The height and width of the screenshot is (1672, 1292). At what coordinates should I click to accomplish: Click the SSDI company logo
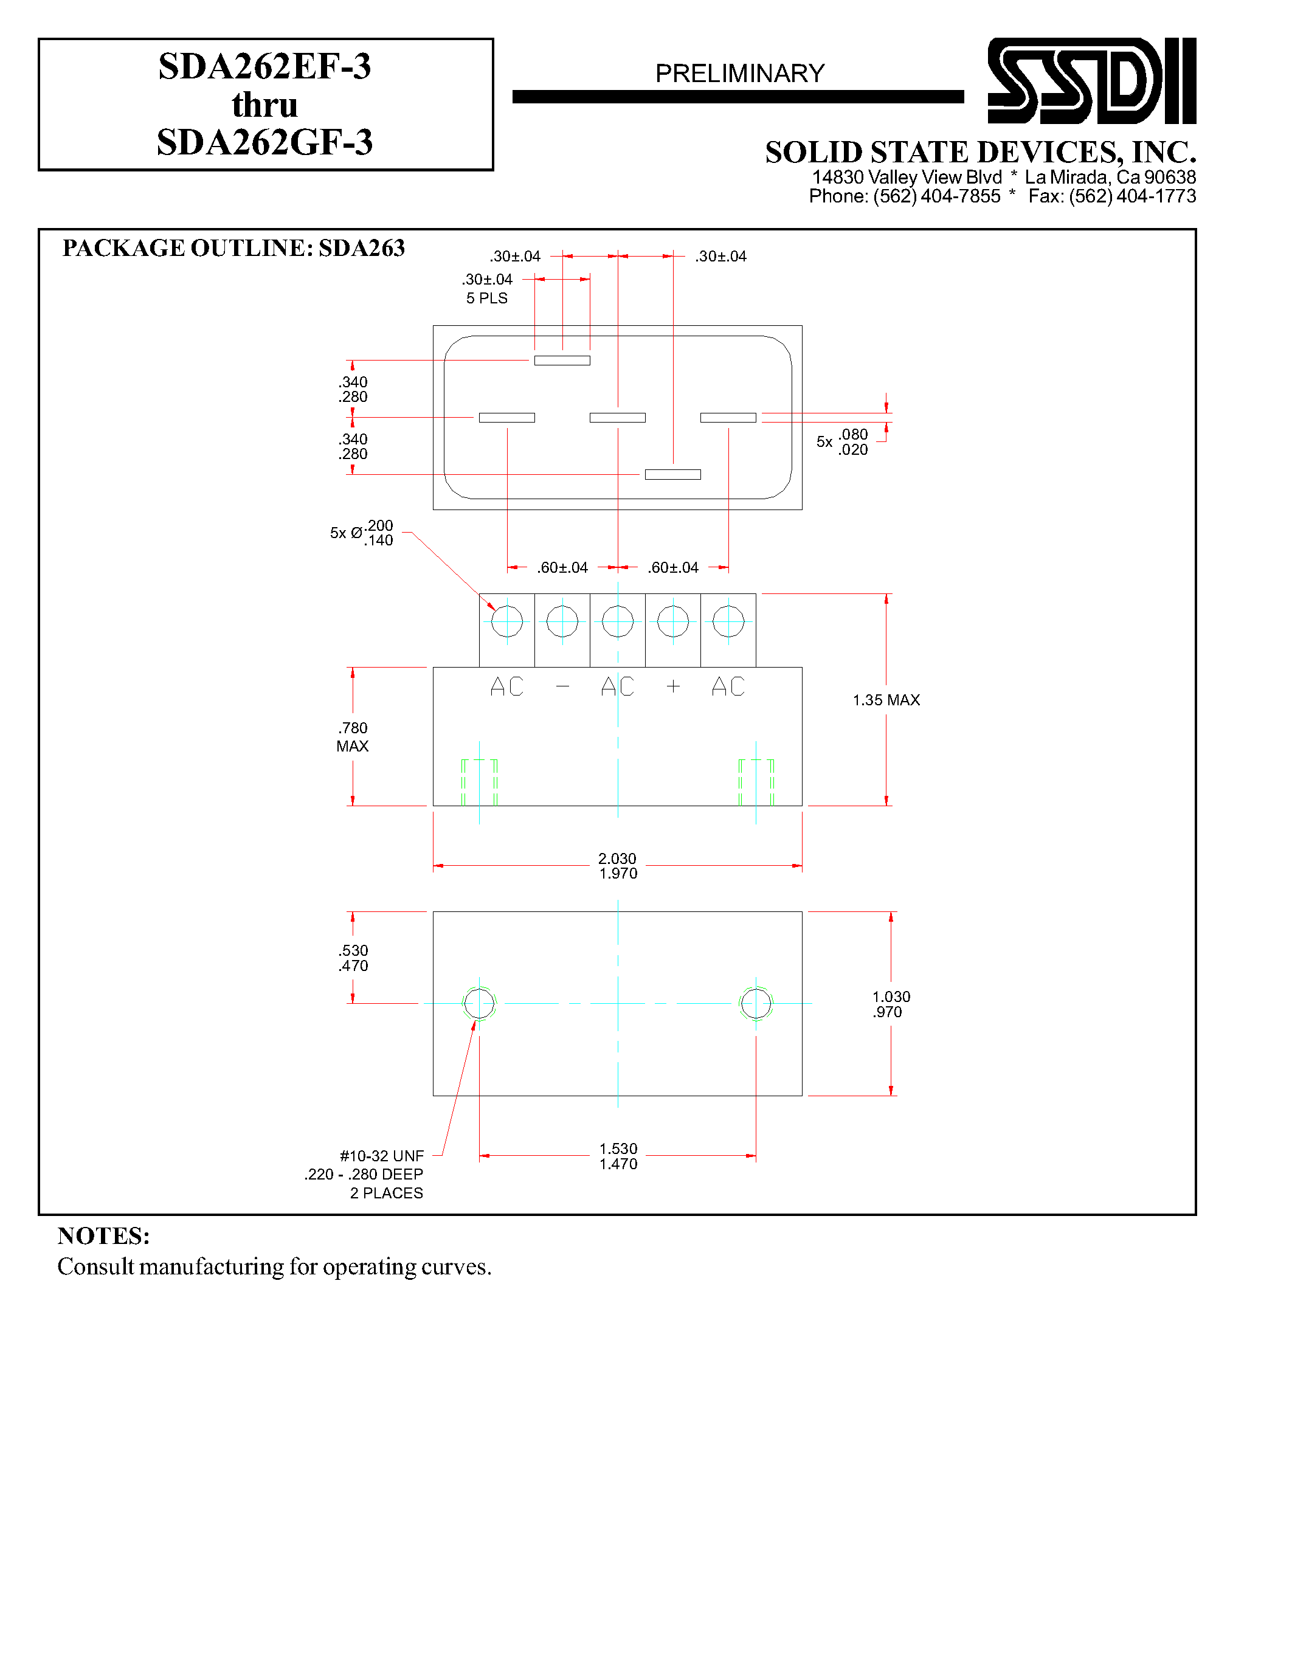(1091, 80)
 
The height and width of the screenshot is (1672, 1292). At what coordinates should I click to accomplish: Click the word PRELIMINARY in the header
(739, 74)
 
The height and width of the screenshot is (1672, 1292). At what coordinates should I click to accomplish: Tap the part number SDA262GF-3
(265, 142)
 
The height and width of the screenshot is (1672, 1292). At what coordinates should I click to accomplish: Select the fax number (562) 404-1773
(1132, 197)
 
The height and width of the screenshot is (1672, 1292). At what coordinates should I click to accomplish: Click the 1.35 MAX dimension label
(886, 700)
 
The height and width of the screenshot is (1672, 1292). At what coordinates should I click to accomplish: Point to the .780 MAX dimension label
(353, 736)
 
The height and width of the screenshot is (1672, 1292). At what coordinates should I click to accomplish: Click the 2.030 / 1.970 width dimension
(618, 866)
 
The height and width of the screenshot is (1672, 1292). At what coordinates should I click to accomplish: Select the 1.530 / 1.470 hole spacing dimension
(618, 1156)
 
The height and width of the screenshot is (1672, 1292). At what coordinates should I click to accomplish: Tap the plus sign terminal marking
(673, 686)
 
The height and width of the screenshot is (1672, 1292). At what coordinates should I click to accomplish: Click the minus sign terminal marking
(562, 686)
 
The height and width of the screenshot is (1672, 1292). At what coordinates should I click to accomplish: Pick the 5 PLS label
(487, 299)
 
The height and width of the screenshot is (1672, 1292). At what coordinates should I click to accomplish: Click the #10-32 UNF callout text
(381, 1156)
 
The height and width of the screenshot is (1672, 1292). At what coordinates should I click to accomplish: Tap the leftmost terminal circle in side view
(506, 621)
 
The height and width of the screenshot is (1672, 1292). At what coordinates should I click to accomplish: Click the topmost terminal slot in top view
(562, 361)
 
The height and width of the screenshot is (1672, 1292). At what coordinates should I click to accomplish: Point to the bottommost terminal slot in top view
(673, 475)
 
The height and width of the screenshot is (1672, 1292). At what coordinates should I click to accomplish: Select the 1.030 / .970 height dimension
(891, 1004)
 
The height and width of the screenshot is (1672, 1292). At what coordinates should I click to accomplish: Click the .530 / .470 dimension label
(353, 958)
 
